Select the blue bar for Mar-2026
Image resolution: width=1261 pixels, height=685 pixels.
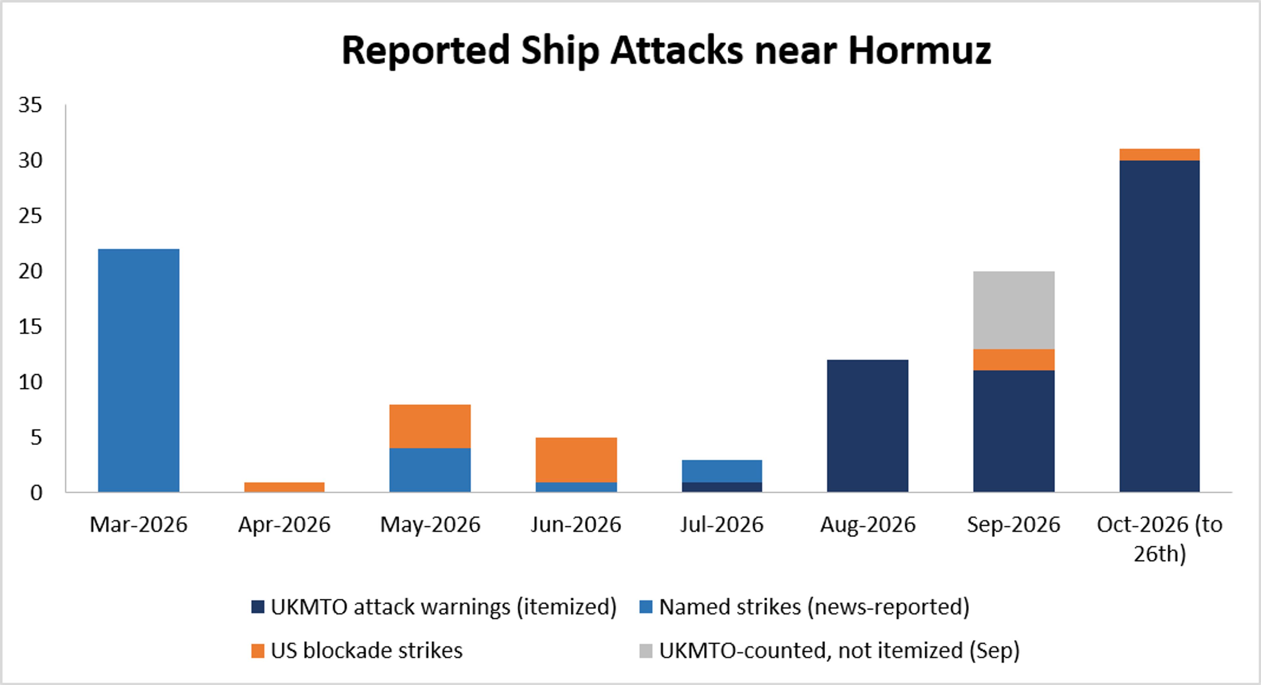click(139, 370)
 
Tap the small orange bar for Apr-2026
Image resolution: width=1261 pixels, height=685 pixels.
click(284, 487)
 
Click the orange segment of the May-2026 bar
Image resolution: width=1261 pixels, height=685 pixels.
click(430, 426)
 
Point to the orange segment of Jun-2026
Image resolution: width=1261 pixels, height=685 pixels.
click(576, 460)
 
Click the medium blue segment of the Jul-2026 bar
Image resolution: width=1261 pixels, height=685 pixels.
click(722, 471)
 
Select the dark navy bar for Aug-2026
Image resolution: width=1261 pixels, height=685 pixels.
click(867, 426)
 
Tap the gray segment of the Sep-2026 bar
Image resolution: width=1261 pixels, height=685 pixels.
click(1014, 310)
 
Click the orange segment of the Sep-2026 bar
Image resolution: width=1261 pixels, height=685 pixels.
click(1014, 360)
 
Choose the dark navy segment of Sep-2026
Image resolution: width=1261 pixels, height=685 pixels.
click(1014, 431)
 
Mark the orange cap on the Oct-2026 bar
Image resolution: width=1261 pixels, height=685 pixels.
click(1160, 155)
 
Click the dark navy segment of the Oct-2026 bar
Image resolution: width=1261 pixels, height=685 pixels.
click(1160, 326)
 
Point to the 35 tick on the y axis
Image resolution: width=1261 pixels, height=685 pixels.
click(30, 105)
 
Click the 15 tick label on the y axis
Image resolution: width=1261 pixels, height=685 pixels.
click(30, 326)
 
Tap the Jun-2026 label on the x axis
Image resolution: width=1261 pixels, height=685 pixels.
click(576, 524)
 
